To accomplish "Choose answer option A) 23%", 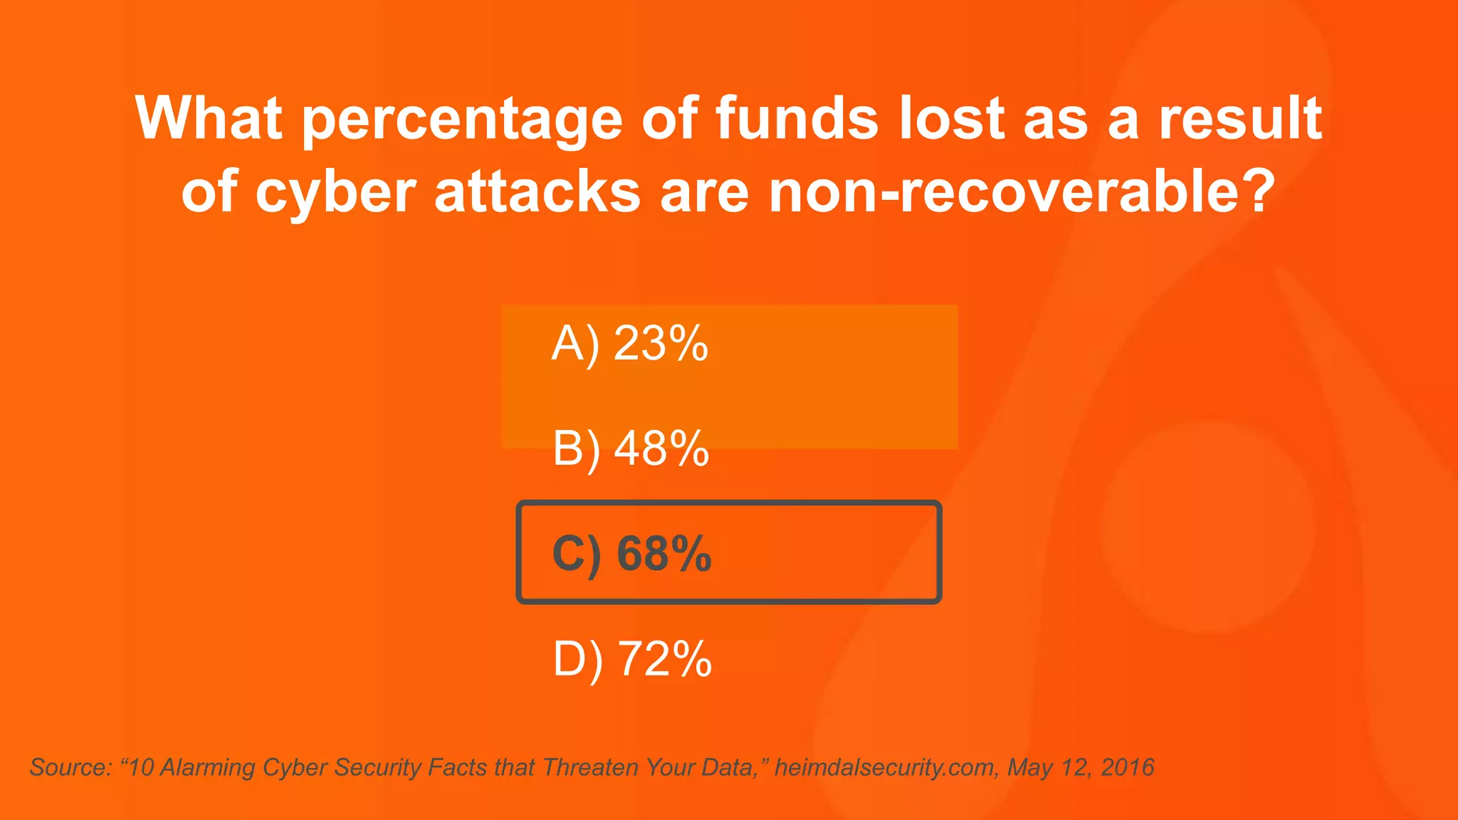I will tap(630, 344).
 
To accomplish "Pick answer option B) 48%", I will tap(631, 448).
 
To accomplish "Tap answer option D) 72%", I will tap(632, 658).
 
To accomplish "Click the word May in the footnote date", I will tap(1030, 767).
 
